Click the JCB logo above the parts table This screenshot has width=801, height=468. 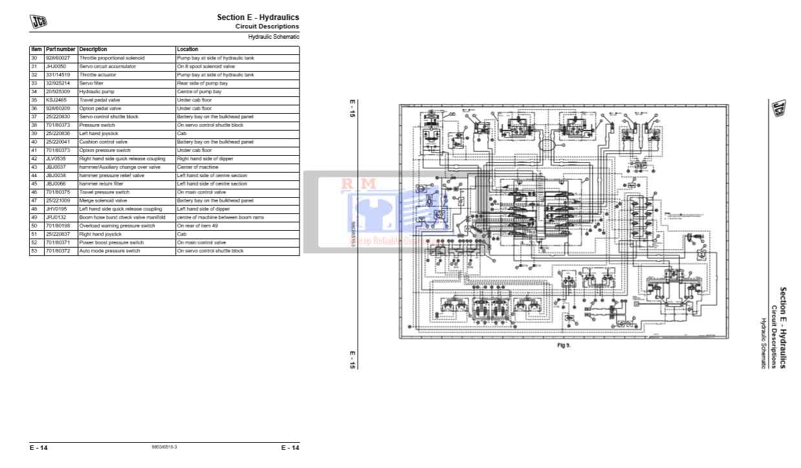click(38, 22)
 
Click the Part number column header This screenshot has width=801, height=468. click(61, 49)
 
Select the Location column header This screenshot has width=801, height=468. click(188, 49)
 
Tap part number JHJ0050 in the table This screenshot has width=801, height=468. click(56, 67)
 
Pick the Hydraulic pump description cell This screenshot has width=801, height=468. click(94, 92)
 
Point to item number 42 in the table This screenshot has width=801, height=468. click(34, 159)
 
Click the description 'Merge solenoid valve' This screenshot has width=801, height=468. click(103, 201)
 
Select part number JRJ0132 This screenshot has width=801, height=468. click(56, 218)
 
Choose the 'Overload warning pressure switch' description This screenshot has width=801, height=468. click(117, 226)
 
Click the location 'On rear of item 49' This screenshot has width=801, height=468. click(197, 226)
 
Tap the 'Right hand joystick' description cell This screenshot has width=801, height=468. click(100, 235)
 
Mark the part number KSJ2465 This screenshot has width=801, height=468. click(56, 100)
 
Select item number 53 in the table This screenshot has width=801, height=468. click(34, 251)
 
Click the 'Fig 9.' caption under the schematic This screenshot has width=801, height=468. click(564, 345)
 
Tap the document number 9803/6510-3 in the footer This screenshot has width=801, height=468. click(164, 447)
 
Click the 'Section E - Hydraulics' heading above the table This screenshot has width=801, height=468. click(258, 17)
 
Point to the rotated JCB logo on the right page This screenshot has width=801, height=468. click(775, 109)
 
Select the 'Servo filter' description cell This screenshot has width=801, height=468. click(91, 83)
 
